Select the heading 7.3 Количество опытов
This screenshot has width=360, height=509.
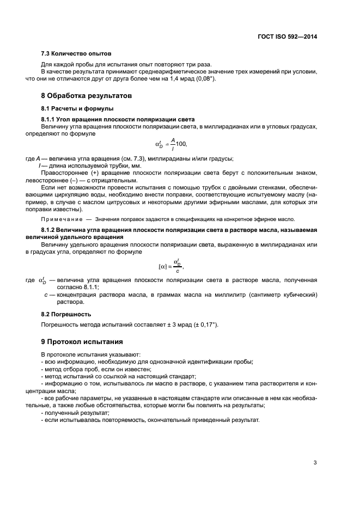click(76, 54)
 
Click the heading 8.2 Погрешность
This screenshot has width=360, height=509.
click(66, 314)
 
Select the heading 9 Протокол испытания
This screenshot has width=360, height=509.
click(82, 342)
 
